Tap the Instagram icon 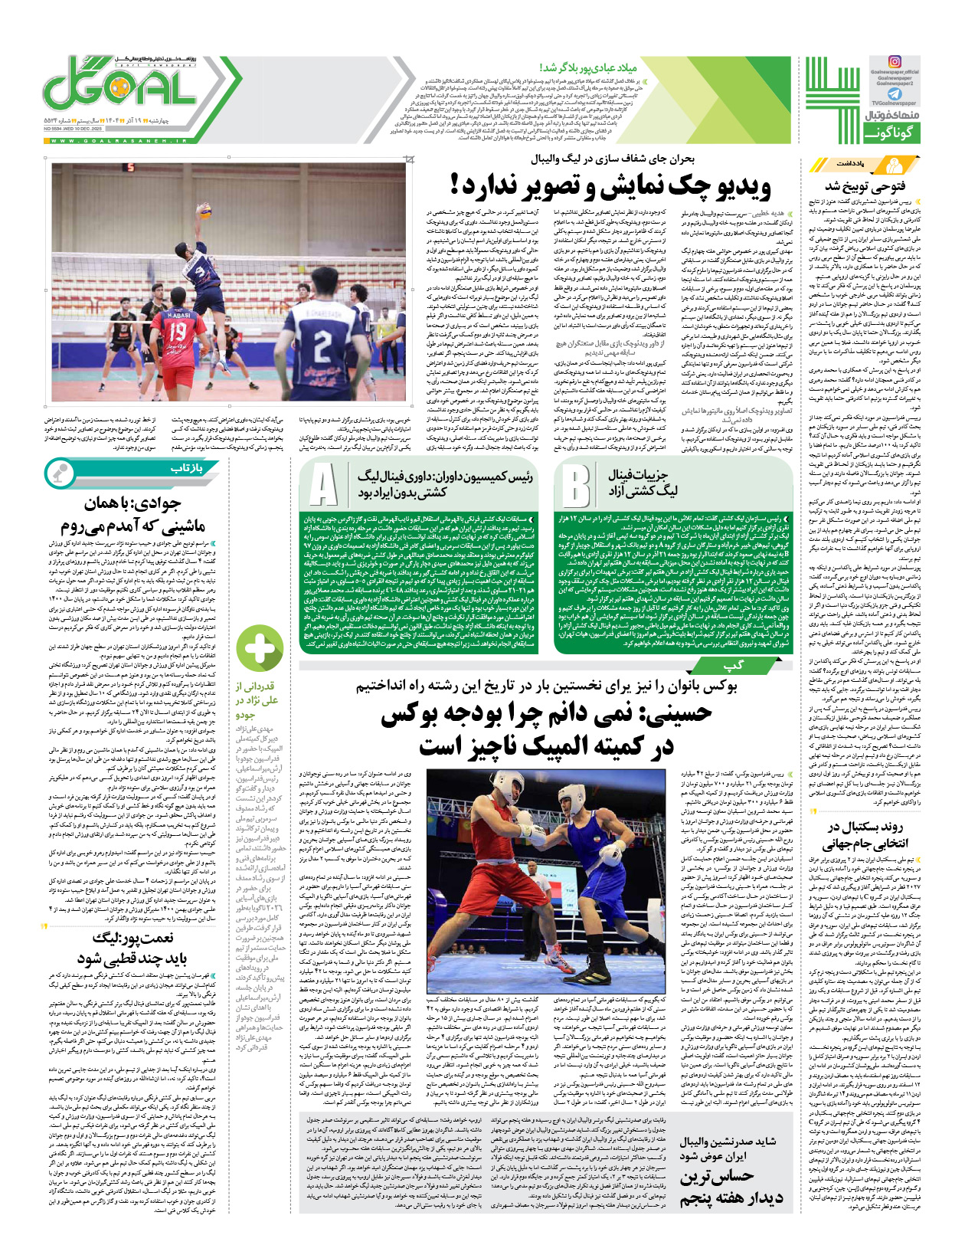(894, 62)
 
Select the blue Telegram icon (894, 93)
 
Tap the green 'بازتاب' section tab (186, 469)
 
